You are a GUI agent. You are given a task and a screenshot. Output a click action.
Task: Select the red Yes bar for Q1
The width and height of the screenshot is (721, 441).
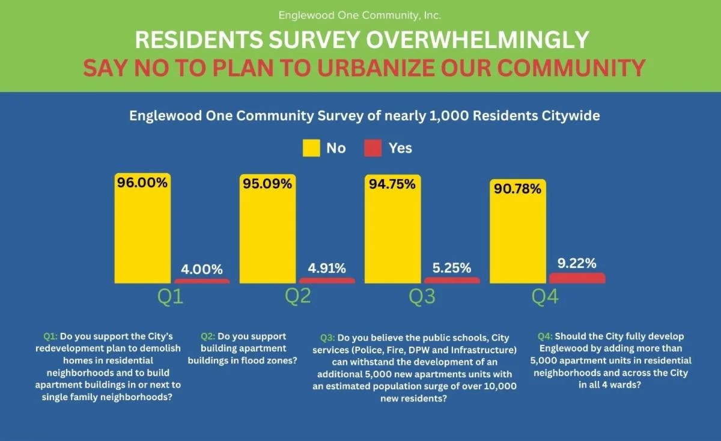202,281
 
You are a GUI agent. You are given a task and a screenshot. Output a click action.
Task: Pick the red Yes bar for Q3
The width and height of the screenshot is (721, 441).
452,280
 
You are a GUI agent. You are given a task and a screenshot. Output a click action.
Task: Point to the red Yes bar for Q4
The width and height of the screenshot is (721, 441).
577,278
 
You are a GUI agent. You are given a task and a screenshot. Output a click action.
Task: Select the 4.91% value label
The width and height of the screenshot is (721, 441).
327,269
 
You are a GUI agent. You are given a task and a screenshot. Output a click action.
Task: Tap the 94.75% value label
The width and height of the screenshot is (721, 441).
392,184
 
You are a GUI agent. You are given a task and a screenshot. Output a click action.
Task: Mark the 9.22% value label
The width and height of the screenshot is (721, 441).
577,263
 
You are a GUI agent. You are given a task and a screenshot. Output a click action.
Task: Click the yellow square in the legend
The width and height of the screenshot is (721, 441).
311,148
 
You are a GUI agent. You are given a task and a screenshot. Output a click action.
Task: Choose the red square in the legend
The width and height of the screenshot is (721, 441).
373,148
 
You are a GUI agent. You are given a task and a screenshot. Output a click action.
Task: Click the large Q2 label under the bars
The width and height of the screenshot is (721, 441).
297,297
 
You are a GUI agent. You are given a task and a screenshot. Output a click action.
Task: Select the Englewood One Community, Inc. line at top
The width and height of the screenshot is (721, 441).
360,14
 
